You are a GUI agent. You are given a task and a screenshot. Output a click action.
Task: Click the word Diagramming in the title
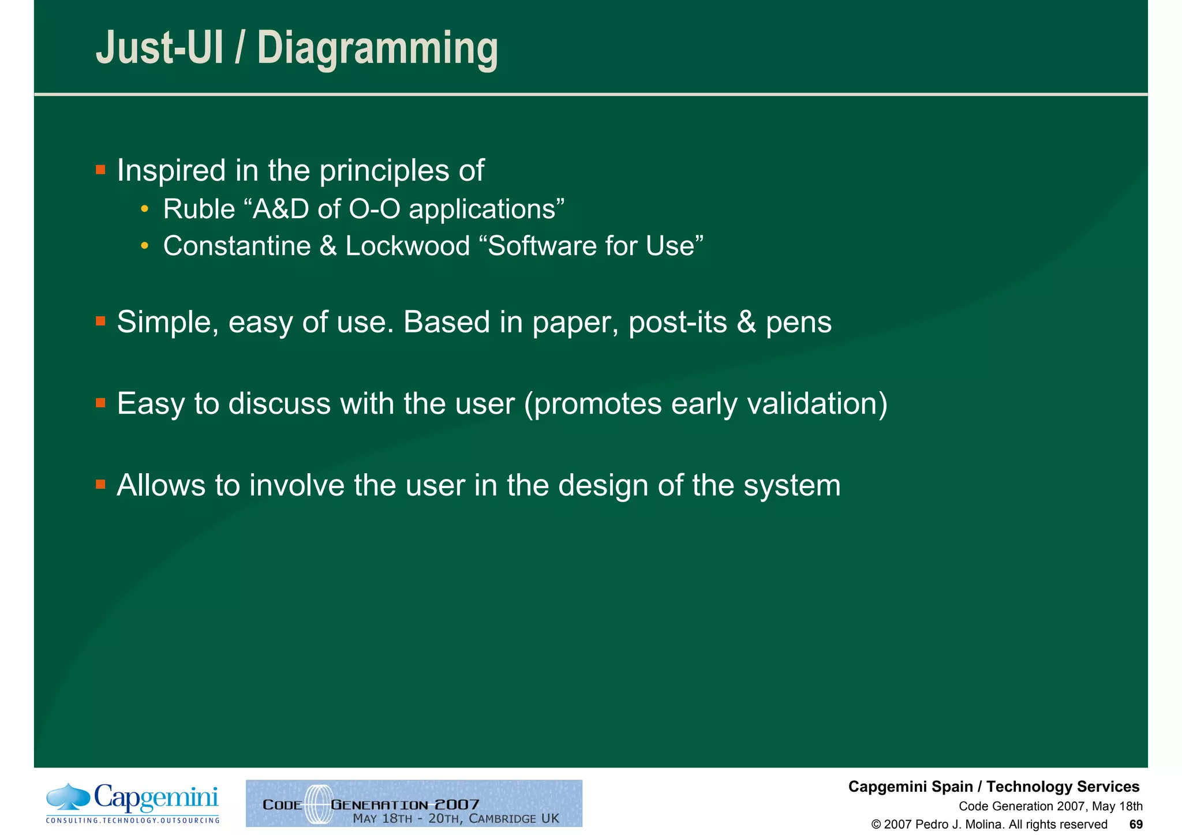coord(377,49)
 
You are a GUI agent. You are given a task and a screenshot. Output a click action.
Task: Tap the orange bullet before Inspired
coord(100,170)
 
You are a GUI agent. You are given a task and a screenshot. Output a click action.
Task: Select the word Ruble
coord(199,209)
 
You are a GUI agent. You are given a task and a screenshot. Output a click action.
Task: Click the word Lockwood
coord(407,246)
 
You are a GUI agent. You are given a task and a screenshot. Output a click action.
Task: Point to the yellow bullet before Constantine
coord(144,246)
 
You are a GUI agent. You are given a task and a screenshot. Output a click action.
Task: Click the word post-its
coord(677,322)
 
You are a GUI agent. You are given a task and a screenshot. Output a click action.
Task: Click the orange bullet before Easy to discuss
coord(100,403)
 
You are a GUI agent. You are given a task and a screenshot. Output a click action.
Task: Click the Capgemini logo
coord(133,803)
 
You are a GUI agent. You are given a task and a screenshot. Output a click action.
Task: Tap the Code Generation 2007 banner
coord(414,803)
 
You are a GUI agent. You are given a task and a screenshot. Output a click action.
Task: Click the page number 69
coord(1135,825)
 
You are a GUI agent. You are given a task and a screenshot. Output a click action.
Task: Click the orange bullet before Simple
coord(100,321)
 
